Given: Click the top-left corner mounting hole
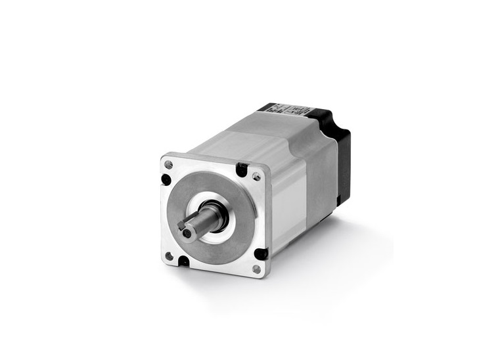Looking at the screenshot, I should (x=169, y=164).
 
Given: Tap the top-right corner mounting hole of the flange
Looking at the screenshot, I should (x=256, y=176).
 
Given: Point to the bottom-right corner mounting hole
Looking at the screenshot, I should (x=256, y=269).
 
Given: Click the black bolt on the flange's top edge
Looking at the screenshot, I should (x=242, y=171).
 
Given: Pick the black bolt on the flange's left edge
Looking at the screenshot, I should (x=166, y=179).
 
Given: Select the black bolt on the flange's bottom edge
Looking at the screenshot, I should (x=183, y=261).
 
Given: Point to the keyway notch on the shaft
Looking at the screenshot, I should (x=181, y=224).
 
